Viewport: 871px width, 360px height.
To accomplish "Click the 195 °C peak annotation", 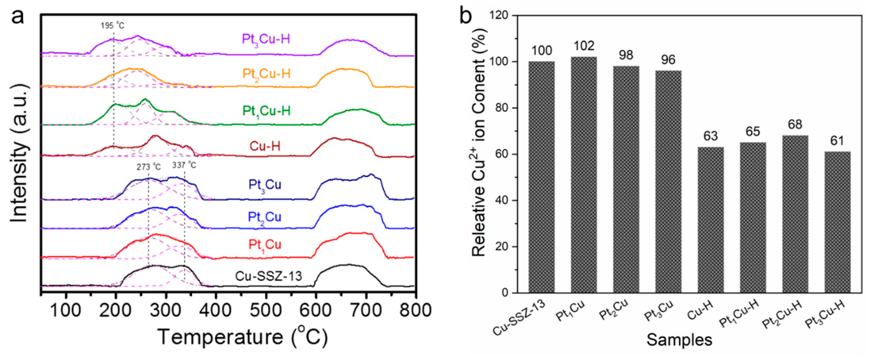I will coord(112,26).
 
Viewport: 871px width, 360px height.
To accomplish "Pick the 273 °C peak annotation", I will coord(149,167).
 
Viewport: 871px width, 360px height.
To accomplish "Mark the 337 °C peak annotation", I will coord(184,165).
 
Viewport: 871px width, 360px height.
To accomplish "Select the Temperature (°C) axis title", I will coord(242,337).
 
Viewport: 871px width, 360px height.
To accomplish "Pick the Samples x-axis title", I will coord(679,340).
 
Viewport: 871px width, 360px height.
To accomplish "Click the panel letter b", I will coord(466,16).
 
